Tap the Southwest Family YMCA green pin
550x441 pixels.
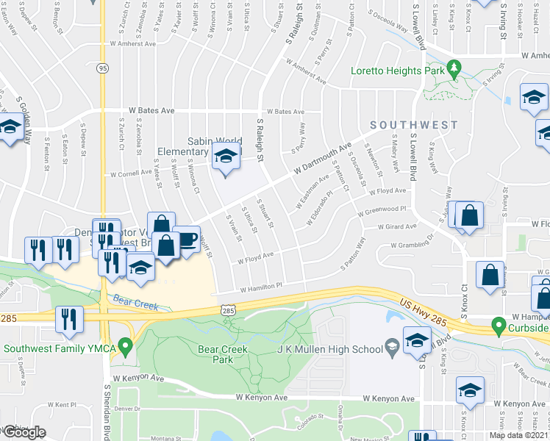click(x=125, y=343)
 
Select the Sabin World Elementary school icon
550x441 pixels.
click(x=226, y=157)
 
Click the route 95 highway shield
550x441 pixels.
click(x=101, y=68)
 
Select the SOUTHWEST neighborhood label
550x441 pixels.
click(x=413, y=126)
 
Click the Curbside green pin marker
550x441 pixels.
click(x=499, y=324)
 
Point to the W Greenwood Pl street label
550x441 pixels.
click(x=382, y=211)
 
